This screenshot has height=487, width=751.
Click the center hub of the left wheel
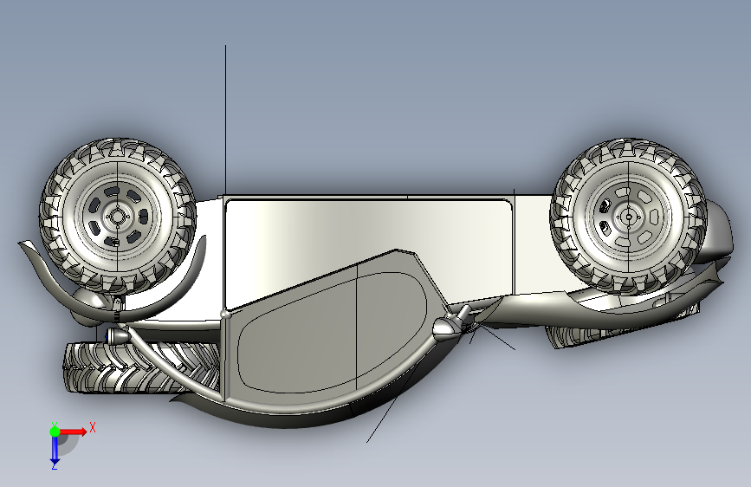coord(117,217)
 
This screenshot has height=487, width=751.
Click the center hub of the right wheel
coord(629,218)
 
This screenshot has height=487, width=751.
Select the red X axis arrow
coord(73,432)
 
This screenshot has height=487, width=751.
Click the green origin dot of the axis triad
coord(55,432)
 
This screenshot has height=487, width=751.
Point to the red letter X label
coord(93,427)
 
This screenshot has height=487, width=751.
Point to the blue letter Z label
coord(54,465)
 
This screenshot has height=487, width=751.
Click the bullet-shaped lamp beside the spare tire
coord(116,336)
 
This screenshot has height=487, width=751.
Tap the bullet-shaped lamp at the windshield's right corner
coord(446,328)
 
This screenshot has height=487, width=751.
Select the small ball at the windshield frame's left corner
coord(224,314)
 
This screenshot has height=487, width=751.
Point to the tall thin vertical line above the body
coord(225,120)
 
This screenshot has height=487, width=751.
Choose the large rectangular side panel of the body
coord(369,240)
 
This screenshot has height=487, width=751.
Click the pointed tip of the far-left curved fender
coord(19,243)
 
